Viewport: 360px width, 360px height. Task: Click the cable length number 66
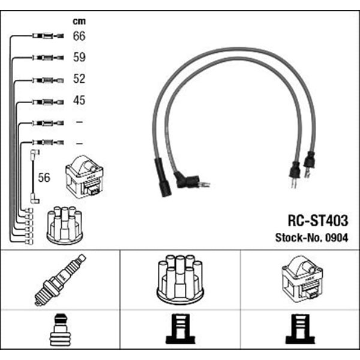coord(79,36)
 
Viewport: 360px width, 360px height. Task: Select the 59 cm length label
coord(79,57)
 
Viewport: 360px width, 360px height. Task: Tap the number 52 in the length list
coord(79,79)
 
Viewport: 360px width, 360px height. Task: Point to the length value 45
coord(79,100)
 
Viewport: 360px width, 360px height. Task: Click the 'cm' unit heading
coord(79,22)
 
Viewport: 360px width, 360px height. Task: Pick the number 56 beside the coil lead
coord(44,178)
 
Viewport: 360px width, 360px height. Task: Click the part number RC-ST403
coord(318,220)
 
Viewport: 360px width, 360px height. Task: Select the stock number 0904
coord(337,238)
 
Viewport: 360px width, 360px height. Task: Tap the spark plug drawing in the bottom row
coord(60,280)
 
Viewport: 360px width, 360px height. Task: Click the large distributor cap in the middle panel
coord(180,279)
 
